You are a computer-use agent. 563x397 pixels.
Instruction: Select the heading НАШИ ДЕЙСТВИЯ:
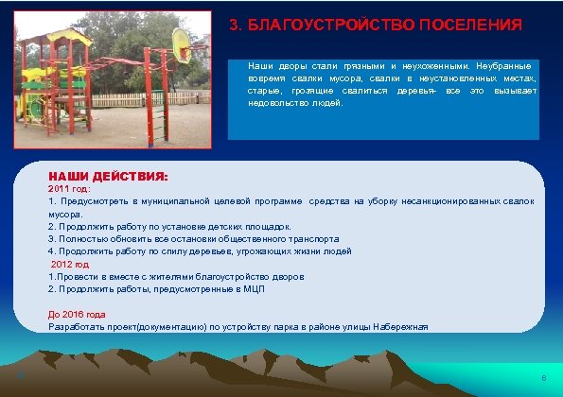click(108, 176)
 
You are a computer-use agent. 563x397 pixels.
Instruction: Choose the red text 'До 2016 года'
click(77, 314)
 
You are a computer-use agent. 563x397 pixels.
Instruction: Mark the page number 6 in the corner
click(543, 378)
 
